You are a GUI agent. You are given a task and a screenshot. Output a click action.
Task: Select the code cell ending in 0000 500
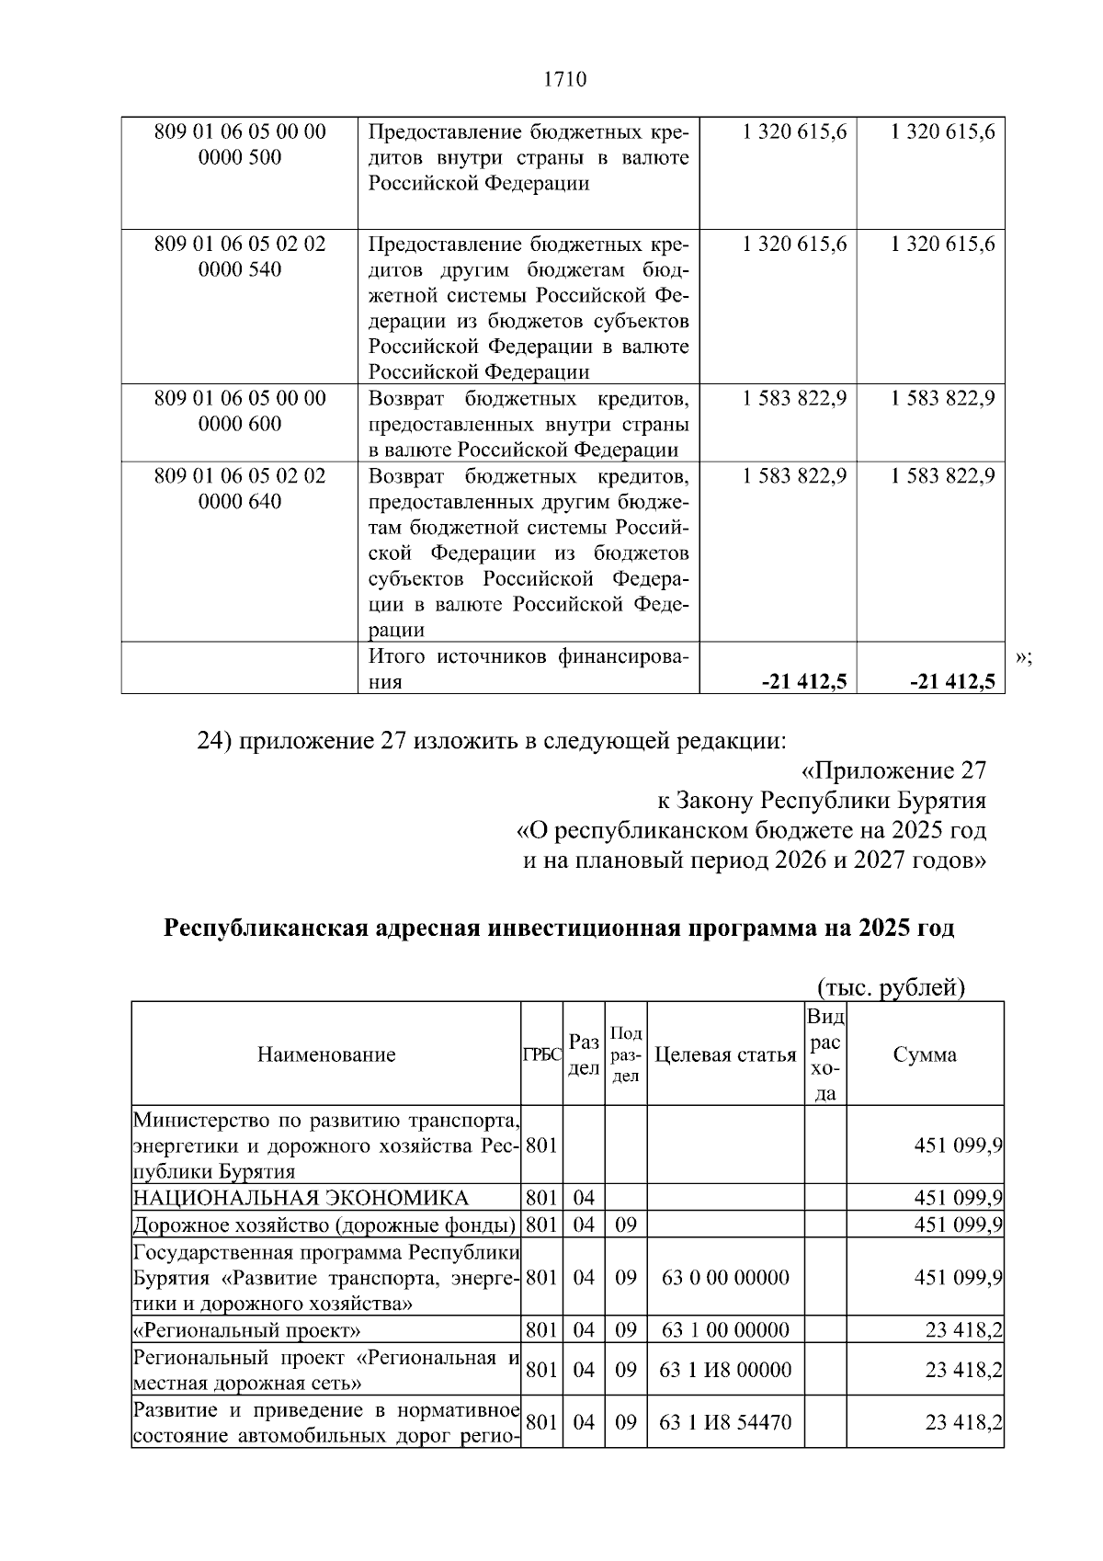pyautogui.click(x=240, y=144)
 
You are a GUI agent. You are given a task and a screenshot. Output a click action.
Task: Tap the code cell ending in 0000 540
pyautogui.click(x=240, y=256)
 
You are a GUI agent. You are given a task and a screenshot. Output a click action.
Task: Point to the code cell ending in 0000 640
pyautogui.click(x=240, y=489)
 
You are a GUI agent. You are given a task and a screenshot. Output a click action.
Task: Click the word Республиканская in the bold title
pyautogui.click(x=267, y=928)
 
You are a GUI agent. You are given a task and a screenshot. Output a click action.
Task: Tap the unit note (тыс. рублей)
pyautogui.click(x=891, y=987)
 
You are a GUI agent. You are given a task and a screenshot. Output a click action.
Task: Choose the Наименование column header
pyautogui.click(x=326, y=1054)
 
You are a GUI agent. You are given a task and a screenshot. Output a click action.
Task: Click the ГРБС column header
pyautogui.click(x=541, y=1055)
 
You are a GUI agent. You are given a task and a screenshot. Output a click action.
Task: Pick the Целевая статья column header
pyautogui.click(x=724, y=1054)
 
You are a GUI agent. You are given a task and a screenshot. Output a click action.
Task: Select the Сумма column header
pyautogui.click(x=924, y=1054)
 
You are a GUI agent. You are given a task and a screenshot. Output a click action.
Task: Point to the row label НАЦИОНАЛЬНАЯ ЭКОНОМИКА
pyautogui.click(x=301, y=1198)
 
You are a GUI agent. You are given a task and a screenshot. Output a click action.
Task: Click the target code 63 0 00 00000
pyautogui.click(x=725, y=1277)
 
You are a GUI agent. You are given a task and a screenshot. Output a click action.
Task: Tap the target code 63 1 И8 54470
pyautogui.click(x=725, y=1422)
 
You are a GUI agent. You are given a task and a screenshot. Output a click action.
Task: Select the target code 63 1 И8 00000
pyautogui.click(x=725, y=1370)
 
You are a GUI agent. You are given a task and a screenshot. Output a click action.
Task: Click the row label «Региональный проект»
pyautogui.click(x=247, y=1330)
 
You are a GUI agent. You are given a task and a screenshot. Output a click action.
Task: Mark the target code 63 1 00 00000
pyautogui.click(x=725, y=1330)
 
